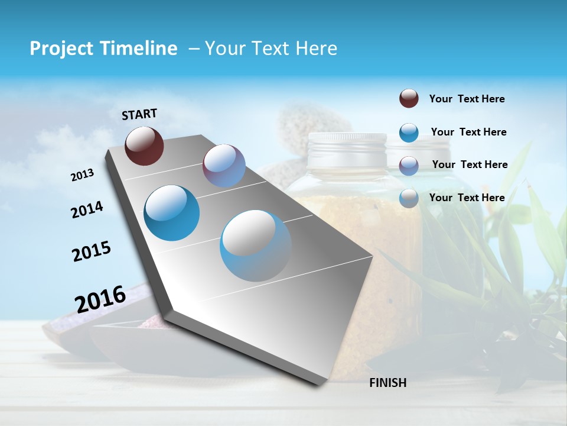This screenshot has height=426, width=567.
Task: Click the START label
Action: click(x=139, y=114)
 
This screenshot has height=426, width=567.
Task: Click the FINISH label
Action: click(x=387, y=383)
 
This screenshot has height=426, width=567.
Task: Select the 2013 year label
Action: click(x=83, y=175)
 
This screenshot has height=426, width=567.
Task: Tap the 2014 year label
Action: click(x=87, y=209)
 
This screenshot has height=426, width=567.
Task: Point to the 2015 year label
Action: click(x=92, y=251)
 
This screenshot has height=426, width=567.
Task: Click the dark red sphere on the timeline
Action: click(x=144, y=146)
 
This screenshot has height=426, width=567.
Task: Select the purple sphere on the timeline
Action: click(x=224, y=166)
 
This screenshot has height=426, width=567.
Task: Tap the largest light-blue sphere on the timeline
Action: click(x=256, y=246)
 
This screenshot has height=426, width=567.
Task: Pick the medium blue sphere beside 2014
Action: click(x=172, y=213)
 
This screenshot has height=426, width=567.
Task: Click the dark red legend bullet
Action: click(x=409, y=99)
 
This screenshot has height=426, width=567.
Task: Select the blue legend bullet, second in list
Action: click(x=409, y=133)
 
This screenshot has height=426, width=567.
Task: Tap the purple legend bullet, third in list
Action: click(x=409, y=165)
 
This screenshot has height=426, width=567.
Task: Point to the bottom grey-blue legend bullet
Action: click(x=409, y=198)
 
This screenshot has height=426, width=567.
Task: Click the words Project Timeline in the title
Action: click(x=103, y=49)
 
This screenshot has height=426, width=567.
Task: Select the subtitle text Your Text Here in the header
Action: click(x=271, y=49)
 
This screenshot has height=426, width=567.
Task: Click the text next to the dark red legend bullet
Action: click(x=467, y=99)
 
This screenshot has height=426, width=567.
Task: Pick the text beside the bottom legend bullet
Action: click(x=467, y=198)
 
